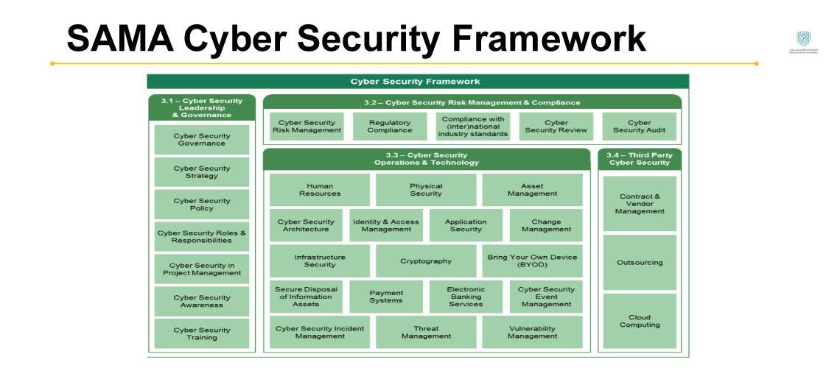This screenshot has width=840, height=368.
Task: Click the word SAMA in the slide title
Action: [119, 38]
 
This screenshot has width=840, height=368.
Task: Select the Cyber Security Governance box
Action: [202, 140]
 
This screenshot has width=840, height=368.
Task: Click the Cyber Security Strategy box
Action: [202, 172]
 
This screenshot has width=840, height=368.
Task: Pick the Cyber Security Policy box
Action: [202, 205]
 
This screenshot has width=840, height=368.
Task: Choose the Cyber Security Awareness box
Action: [202, 301]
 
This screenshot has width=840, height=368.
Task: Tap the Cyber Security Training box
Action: [202, 333]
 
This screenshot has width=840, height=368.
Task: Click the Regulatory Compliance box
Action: [391, 127]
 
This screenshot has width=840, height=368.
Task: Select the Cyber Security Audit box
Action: [639, 127]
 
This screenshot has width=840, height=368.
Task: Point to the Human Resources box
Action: [320, 190]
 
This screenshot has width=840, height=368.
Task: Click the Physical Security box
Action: [426, 190]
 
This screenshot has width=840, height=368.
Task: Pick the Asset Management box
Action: [532, 190]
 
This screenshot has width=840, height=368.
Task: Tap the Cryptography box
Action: [426, 261]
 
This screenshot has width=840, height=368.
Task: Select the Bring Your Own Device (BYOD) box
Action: [532, 261]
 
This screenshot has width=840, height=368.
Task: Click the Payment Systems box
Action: [386, 296]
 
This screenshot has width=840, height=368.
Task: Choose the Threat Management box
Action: [426, 332]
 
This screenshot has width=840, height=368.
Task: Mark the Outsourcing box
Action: [639, 262]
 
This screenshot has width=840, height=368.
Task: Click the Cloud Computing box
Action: [639, 321]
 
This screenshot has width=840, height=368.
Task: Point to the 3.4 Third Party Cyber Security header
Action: [639, 159]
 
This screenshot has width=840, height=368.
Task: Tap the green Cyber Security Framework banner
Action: [417, 82]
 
